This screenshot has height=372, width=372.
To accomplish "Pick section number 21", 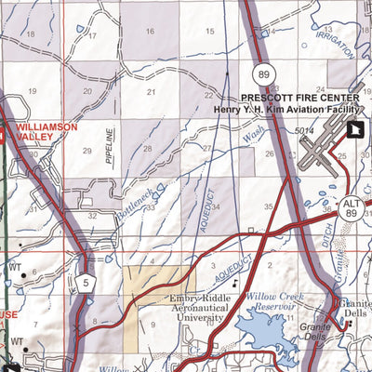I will tap(151, 91).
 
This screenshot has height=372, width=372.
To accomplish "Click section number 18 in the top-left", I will tap(31, 35).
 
